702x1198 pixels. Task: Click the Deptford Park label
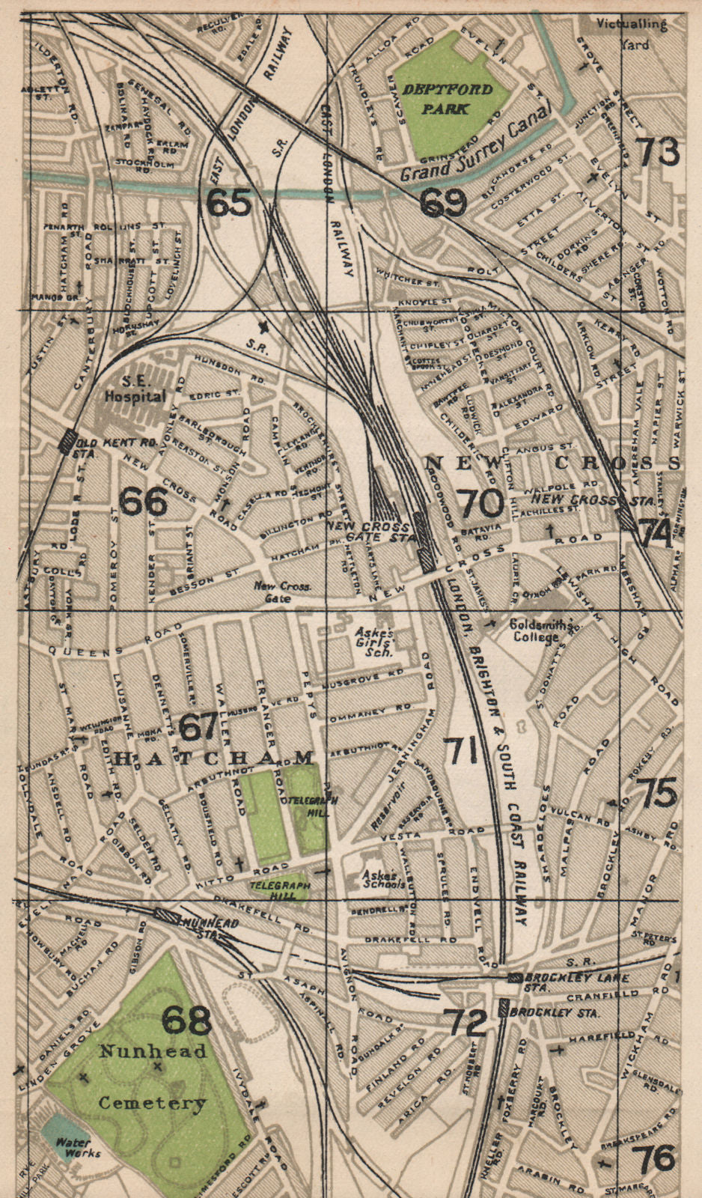(448, 99)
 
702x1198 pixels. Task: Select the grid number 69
(443, 202)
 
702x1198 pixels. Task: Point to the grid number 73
(659, 153)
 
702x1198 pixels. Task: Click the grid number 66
(143, 502)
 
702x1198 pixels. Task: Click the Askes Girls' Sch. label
(373, 642)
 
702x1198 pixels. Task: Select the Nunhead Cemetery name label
(153, 1077)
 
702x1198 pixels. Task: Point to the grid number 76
(657, 1159)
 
